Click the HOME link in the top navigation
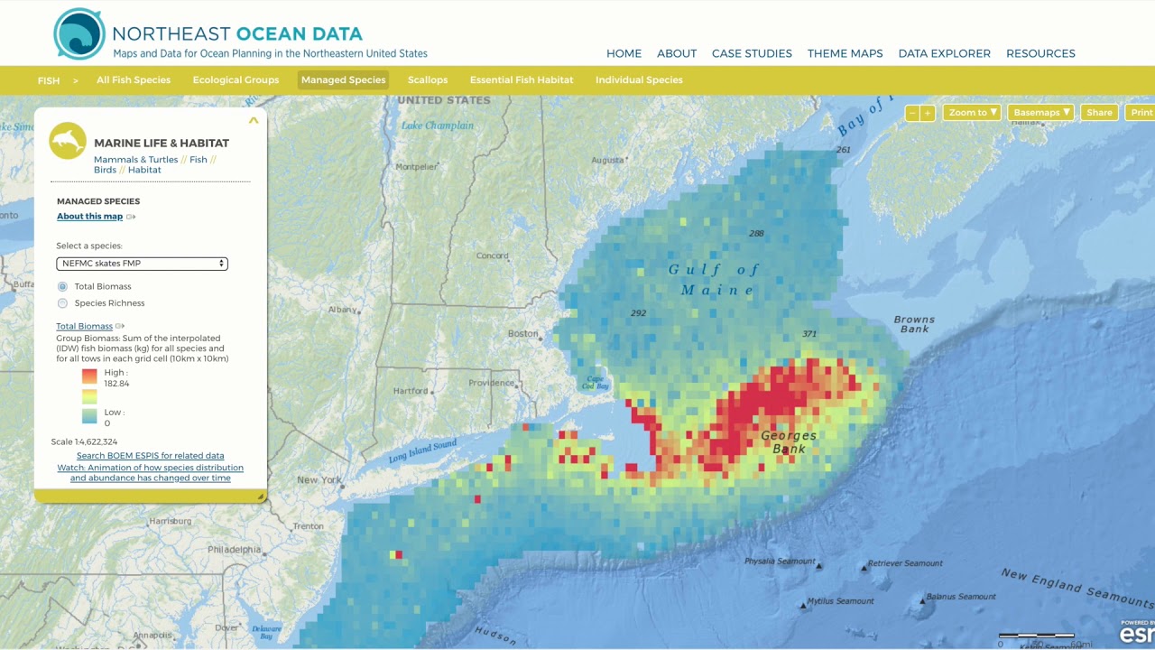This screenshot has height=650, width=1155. pos(624,53)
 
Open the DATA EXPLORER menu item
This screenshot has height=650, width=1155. pos(944,53)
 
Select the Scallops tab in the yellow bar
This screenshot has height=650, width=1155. pos(428,79)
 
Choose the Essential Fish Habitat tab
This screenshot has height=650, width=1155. pos(522,79)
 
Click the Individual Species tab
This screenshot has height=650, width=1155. pos(639,79)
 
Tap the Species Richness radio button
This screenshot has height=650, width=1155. pos(63,303)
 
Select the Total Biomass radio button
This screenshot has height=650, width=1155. pos(63,286)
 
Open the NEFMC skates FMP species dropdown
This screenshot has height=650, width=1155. pos(142,264)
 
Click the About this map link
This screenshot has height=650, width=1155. pos(89,217)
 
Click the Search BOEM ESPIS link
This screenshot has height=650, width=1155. pos(150,456)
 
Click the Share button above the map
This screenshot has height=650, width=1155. pos(1099,113)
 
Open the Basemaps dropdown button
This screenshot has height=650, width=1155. pos(1041,113)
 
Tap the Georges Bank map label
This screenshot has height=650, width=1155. pos(789,442)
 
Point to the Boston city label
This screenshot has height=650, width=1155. pos(522,333)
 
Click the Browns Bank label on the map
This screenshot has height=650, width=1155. pos(914,324)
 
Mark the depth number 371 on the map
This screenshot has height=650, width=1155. pos(809,334)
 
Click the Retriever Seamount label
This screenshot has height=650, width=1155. pos(905,563)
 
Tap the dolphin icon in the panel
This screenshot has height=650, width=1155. pos(68,141)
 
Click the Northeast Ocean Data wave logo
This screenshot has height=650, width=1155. pos(79,34)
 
